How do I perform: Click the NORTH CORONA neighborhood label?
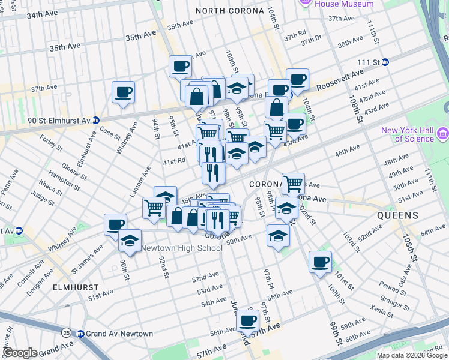click(x=229, y=11)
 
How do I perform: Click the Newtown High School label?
click(x=181, y=248)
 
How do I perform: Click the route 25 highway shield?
click(x=65, y=332)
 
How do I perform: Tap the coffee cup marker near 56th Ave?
click(x=247, y=320)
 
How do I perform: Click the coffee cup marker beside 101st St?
click(x=320, y=262)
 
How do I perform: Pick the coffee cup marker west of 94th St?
click(x=123, y=92)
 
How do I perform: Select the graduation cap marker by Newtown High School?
click(x=129, y=241)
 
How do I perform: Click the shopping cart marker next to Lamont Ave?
click(x=154, y=208)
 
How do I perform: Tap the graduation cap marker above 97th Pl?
click(x=278, y=235)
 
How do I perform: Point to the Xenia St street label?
click(x=382, y=310)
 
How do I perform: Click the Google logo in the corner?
click(x=20, y=353)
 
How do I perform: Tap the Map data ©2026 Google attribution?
click(x=412, y=355)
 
